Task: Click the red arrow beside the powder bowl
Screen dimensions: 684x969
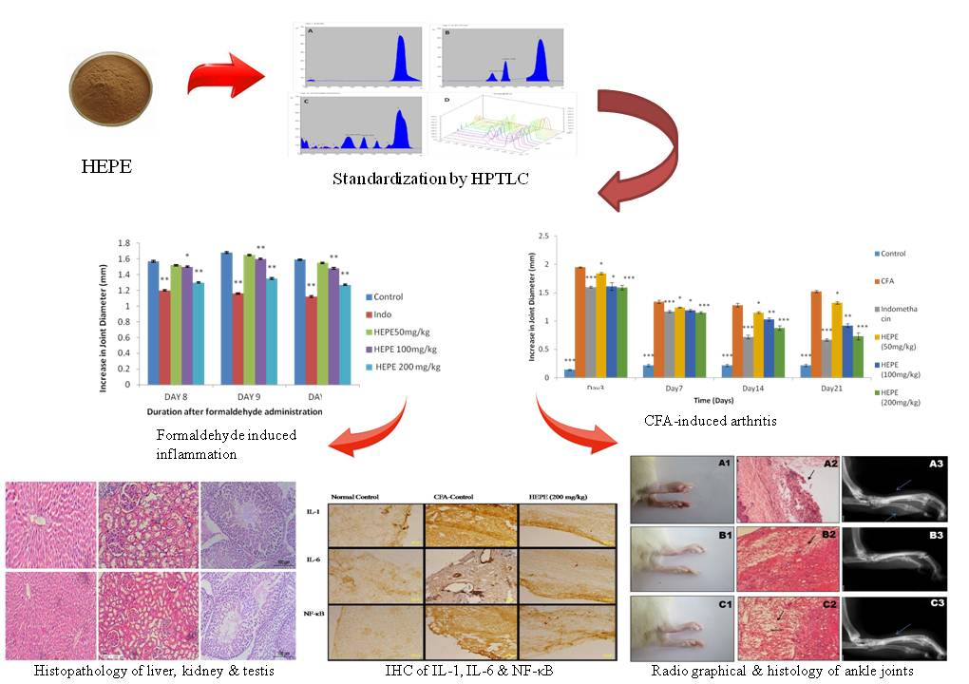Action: click(221, 79)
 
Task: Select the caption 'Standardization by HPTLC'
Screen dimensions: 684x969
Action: click(432, 179)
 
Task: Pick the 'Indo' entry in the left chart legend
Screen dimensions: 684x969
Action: click(385, 313)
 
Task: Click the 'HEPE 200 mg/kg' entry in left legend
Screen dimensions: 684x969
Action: click(409, 367)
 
